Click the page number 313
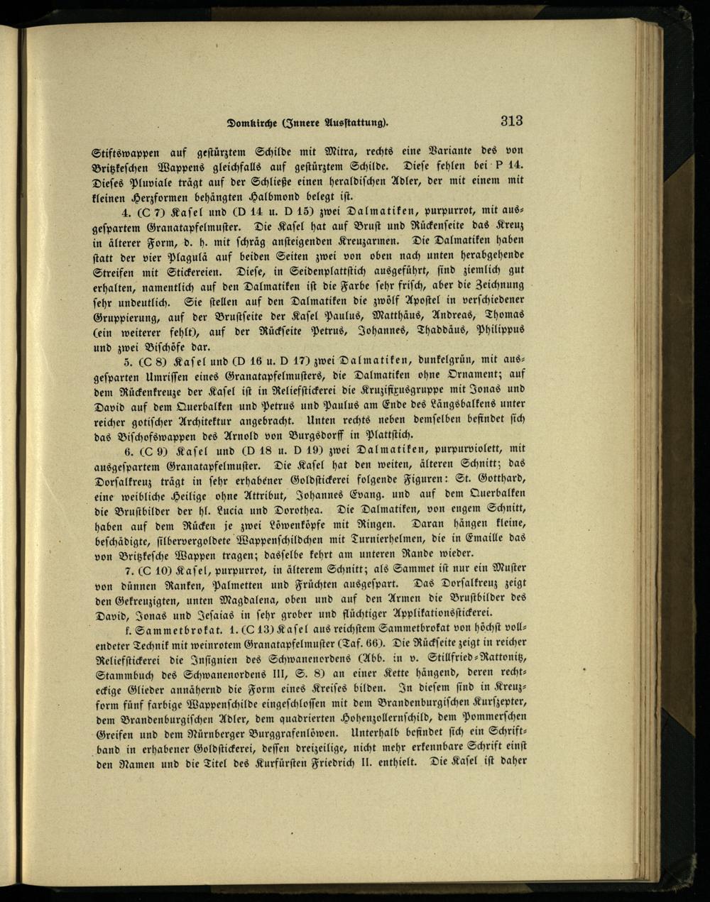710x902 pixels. [x=511, y=120]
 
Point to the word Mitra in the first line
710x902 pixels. [x=307, y=150]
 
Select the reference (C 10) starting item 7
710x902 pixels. [x=150, y=571]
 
